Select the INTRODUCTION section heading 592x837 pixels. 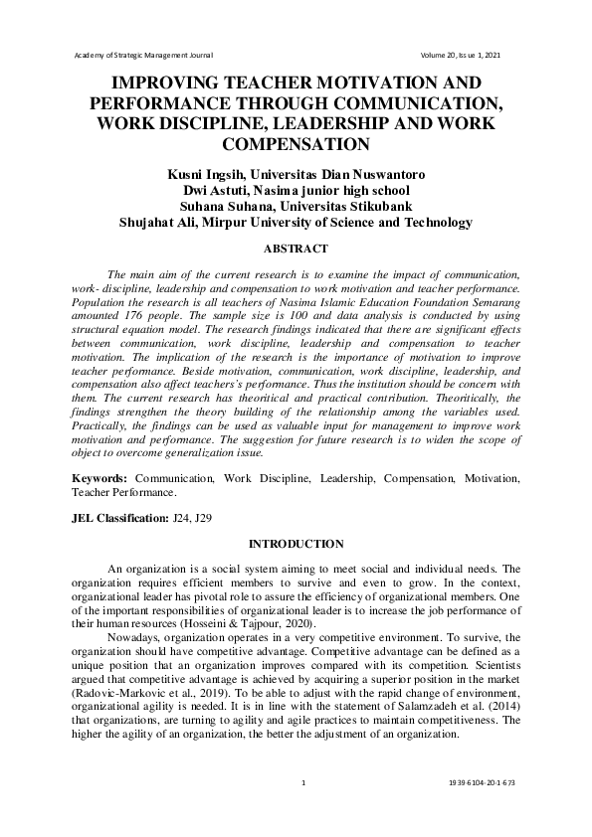[295, 544]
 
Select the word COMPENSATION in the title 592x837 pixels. [295, 145]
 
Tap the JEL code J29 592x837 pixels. [203, 518]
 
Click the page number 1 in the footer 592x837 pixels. [302, 784]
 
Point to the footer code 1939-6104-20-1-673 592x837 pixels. [483, 784]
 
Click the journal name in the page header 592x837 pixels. [144, 54]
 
